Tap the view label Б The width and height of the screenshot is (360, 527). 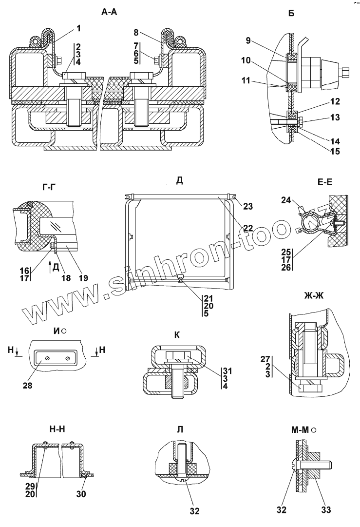(x=291, y=14)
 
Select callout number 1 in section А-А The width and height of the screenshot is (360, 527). (x=78, y=28)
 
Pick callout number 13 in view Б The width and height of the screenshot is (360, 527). (x=322, y=118)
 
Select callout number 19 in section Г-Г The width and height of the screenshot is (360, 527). (x=84, y=278)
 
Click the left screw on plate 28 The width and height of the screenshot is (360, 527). (x=47, y=359)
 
